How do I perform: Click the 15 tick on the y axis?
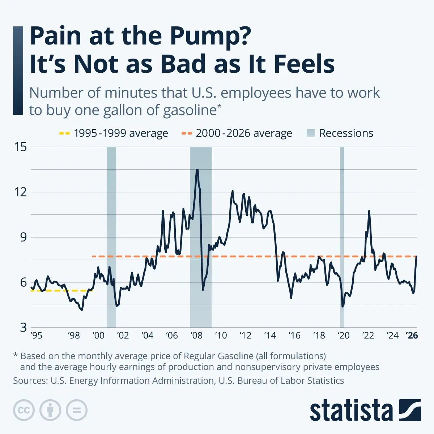tap(21, 147)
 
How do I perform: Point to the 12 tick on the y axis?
tap(21, 192)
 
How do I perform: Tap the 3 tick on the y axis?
tap(24, 327)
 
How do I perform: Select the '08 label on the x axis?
tap(196, 336)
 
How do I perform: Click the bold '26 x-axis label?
tap(412, 336)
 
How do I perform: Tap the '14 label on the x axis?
tap(270, 336)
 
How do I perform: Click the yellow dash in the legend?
tap(64, 133)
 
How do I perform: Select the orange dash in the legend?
tap(186, 133)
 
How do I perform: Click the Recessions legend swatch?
tap(310, 133)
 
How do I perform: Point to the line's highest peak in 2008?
tap(197, 170)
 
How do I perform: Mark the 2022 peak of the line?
tap(369, 211)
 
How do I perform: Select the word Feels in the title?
tap(304, 64)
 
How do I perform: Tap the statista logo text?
tap(351, 411)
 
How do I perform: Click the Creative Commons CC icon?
tap(24, 410)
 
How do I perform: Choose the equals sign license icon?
tap(77, 410)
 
